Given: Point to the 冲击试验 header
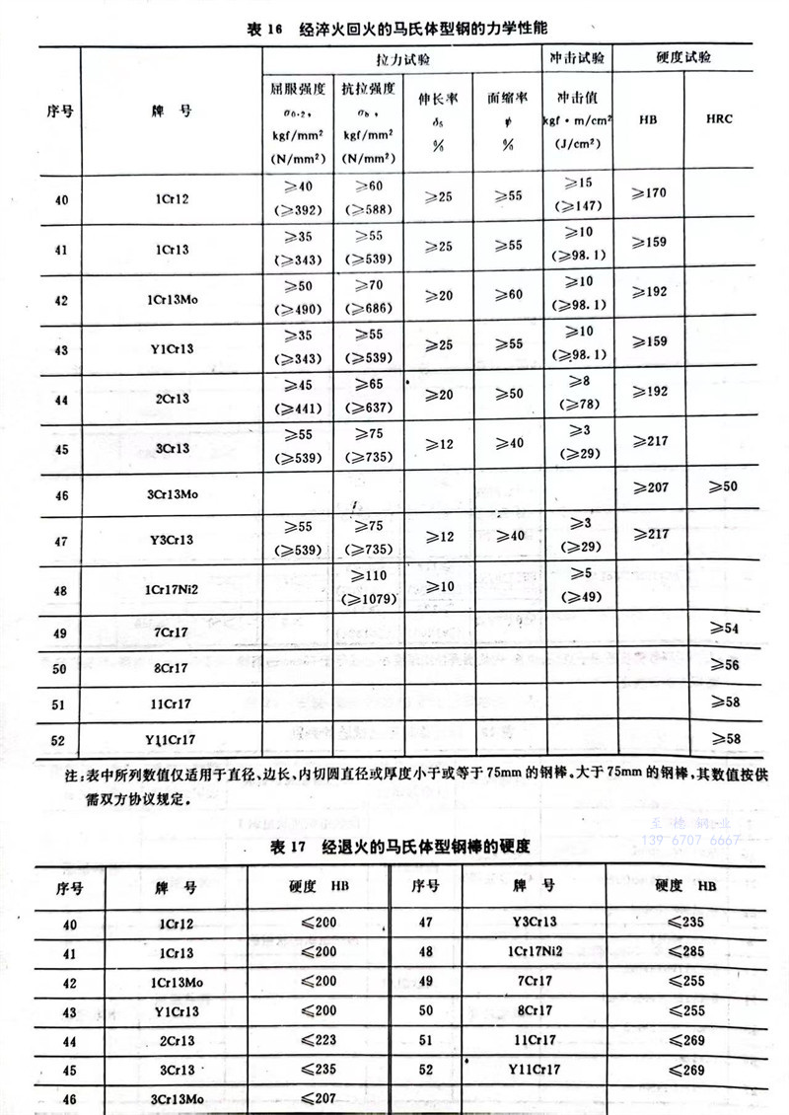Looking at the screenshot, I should [x=578, y=59].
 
